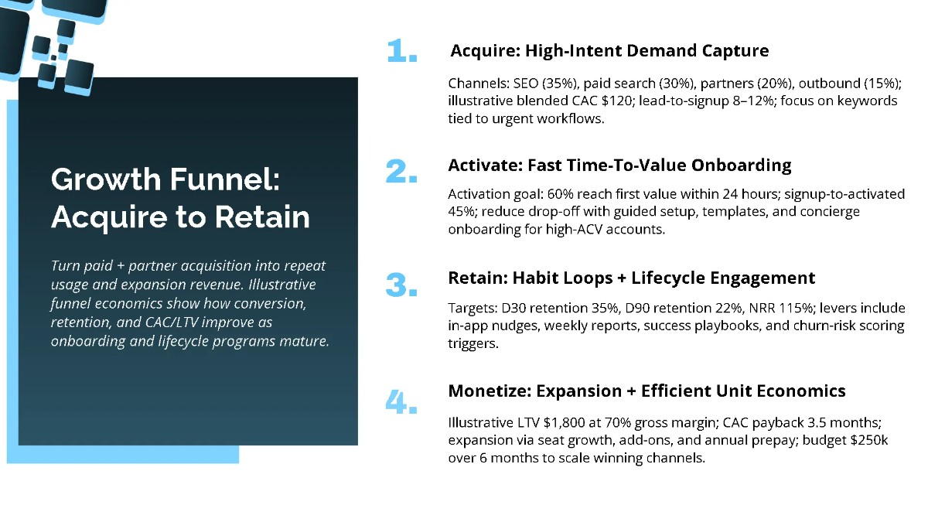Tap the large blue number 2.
(x=401, y=172)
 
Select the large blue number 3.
(x=401, y=285)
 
